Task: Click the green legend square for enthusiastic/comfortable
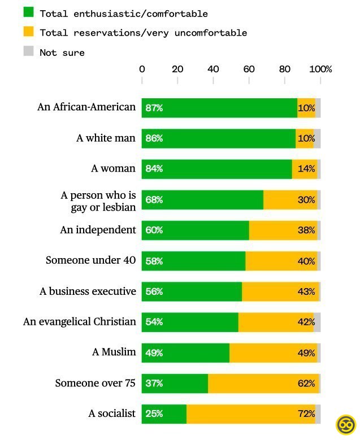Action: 28,12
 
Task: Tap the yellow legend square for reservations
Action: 28,32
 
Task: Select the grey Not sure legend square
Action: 28,51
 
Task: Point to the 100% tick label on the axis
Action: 322,69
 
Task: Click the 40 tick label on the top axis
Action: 213,69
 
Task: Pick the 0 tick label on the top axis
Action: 142,69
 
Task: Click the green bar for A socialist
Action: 170,414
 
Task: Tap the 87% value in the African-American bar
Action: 154,108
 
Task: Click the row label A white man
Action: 106,138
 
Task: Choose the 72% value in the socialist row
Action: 306,414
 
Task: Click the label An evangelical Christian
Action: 80,321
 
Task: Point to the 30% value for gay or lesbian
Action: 306,200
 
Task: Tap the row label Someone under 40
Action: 90,260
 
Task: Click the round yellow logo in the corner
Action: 345,425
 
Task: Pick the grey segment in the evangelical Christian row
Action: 317,322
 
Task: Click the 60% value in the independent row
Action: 154,230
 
